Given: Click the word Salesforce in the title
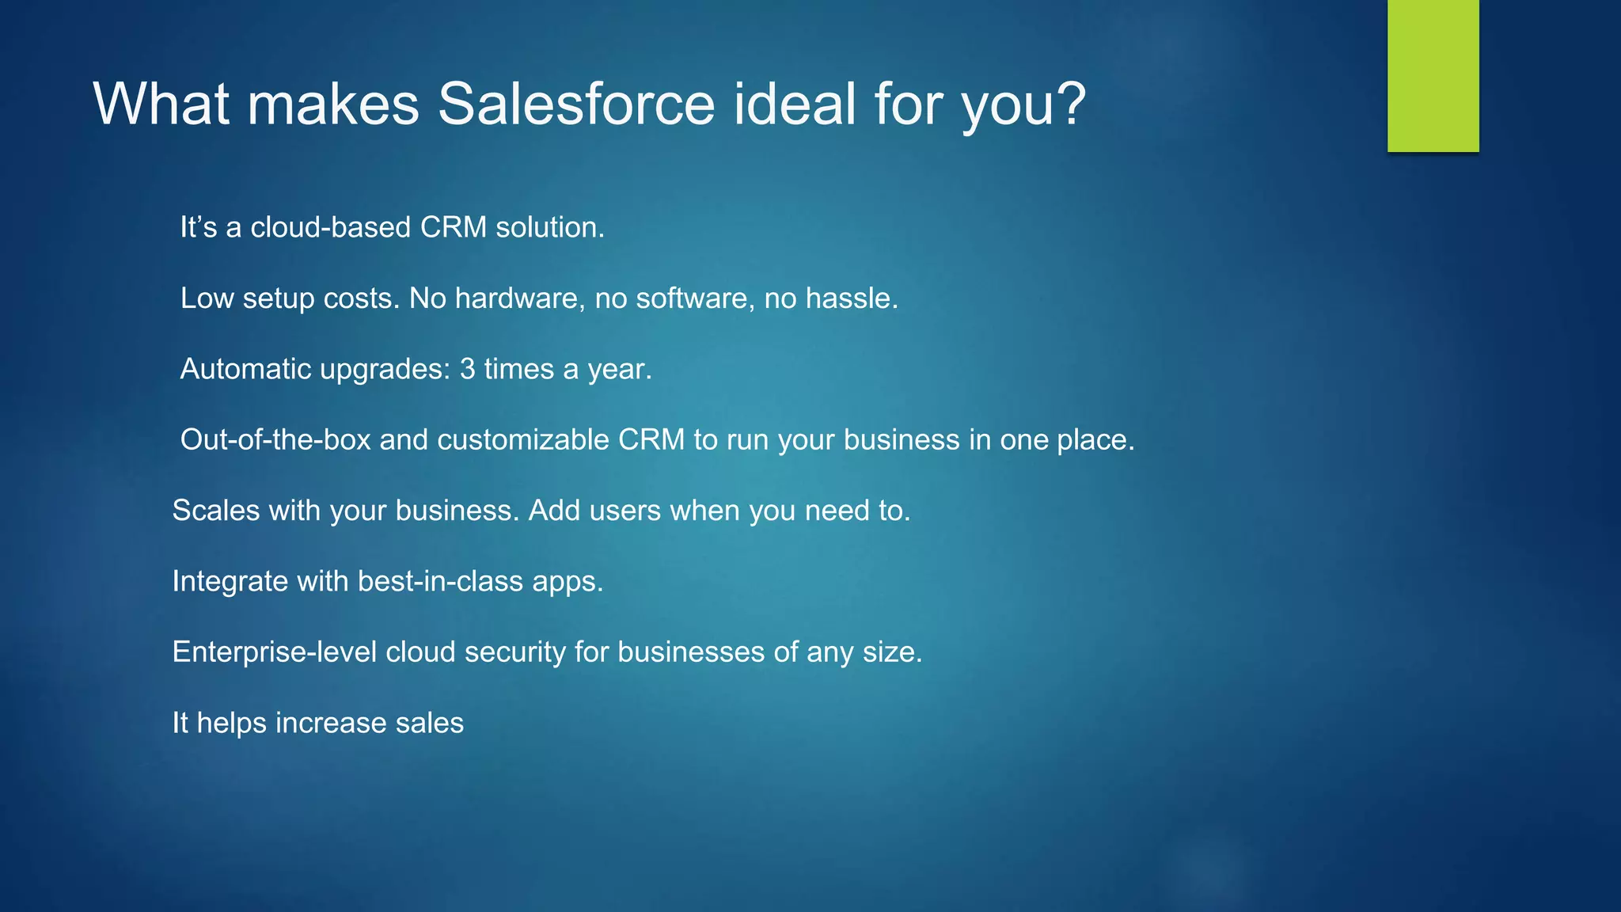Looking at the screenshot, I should pyautogui.click(x=576, y=104).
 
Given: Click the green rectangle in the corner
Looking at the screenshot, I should pyautogui.click(x=1433, y=75).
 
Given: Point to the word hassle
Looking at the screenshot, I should pyautogui.click(x=852, y=298).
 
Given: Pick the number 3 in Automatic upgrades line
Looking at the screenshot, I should pyautogui.click(x=467, y=370).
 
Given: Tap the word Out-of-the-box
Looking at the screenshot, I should pyautogui.click(x=275, y=440).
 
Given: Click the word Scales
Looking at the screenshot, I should pyautogui.click(x=215, y=511).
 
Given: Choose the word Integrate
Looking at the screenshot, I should pyautogui.click(x=230, y=582).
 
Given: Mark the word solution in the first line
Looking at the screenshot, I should pyautogui.click(x=549, y=228).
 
